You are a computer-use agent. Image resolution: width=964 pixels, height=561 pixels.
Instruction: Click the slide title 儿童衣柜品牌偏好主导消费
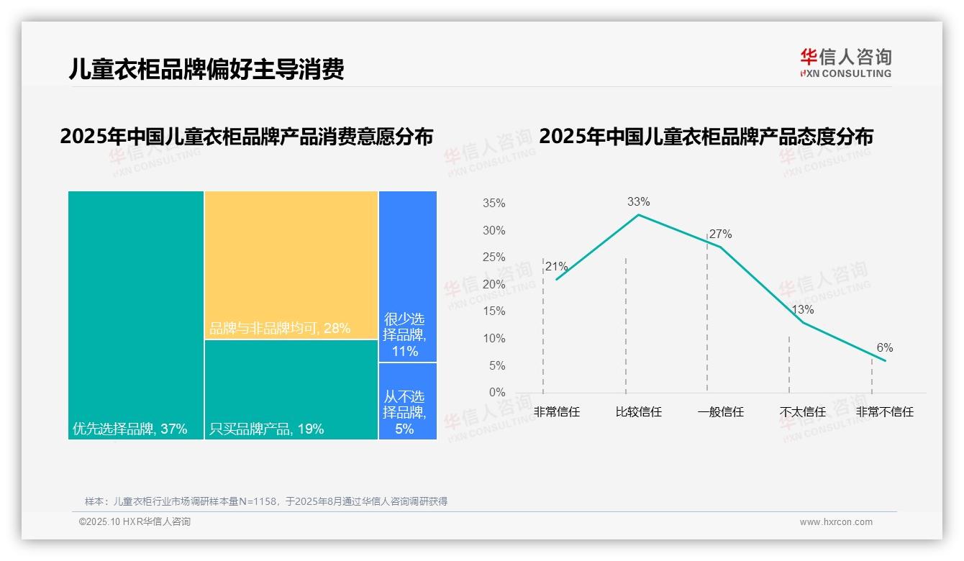tap(206, 69)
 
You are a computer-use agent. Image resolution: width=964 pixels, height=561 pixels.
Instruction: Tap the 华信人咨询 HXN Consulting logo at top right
tap(845, 63)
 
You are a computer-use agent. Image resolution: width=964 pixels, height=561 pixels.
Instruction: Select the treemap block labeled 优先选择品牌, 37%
tap(136, 314)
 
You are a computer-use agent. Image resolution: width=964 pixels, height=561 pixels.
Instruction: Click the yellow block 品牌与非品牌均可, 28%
tap(291, 265)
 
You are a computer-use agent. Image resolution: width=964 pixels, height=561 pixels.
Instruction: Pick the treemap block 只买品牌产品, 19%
tap(291, 389)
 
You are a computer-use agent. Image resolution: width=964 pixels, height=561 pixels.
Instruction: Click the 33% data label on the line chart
tap(638, 202)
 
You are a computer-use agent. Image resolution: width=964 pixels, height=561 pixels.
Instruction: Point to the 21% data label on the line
tap(556, 267)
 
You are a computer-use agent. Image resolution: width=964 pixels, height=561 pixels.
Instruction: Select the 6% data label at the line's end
tap(884, 348)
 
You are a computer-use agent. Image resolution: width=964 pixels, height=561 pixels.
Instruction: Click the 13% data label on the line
tap(802, 310)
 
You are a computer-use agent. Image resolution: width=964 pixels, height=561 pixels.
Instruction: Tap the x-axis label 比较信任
tap(638, 412)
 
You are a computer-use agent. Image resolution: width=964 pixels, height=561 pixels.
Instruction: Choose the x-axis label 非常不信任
tap(884, 412)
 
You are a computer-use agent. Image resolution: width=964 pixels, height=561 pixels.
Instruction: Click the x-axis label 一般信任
tap(720, 412)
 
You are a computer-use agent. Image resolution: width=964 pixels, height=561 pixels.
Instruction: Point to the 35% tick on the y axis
tap(494, 204)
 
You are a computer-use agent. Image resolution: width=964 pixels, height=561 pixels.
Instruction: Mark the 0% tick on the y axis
tap(497, 393)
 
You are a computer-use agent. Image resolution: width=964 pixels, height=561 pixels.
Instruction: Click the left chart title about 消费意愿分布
tap(247, 137)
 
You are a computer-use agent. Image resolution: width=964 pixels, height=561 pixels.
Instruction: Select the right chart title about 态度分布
tap(706, 137)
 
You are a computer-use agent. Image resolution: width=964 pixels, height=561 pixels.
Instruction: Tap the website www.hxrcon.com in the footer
tap(836, 522)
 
